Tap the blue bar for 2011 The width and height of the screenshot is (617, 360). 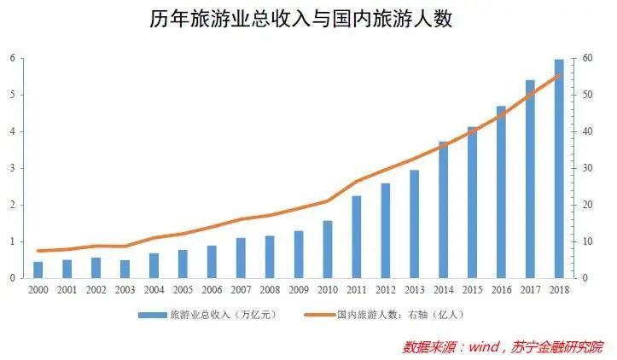pyautogui.click(x=356, y=237)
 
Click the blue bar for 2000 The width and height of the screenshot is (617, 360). pyautogui.click(x=38, y=270)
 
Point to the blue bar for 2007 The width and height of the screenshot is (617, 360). pyautogui.click(x=241, y=258)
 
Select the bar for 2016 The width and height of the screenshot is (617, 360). pyautogui.click(x=501, y=192)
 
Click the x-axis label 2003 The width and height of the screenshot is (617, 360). pyautogui.click(x=125, y=291)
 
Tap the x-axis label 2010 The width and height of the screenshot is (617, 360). pyautogui.click(x=328, y=291)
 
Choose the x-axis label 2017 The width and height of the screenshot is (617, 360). pyautogui.click(x=530, y=291)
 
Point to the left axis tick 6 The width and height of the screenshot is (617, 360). pyautogui.click(x=12, y=58)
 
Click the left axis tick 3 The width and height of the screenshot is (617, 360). pyautogui.click(x=12, y=168)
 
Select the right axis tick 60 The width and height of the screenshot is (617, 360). pyautogui.click(x=587, y=58)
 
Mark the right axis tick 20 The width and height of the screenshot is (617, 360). pyautogui.click(x=587, y=205)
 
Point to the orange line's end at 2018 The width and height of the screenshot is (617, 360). pyautogui.click(x=559, y=75)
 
